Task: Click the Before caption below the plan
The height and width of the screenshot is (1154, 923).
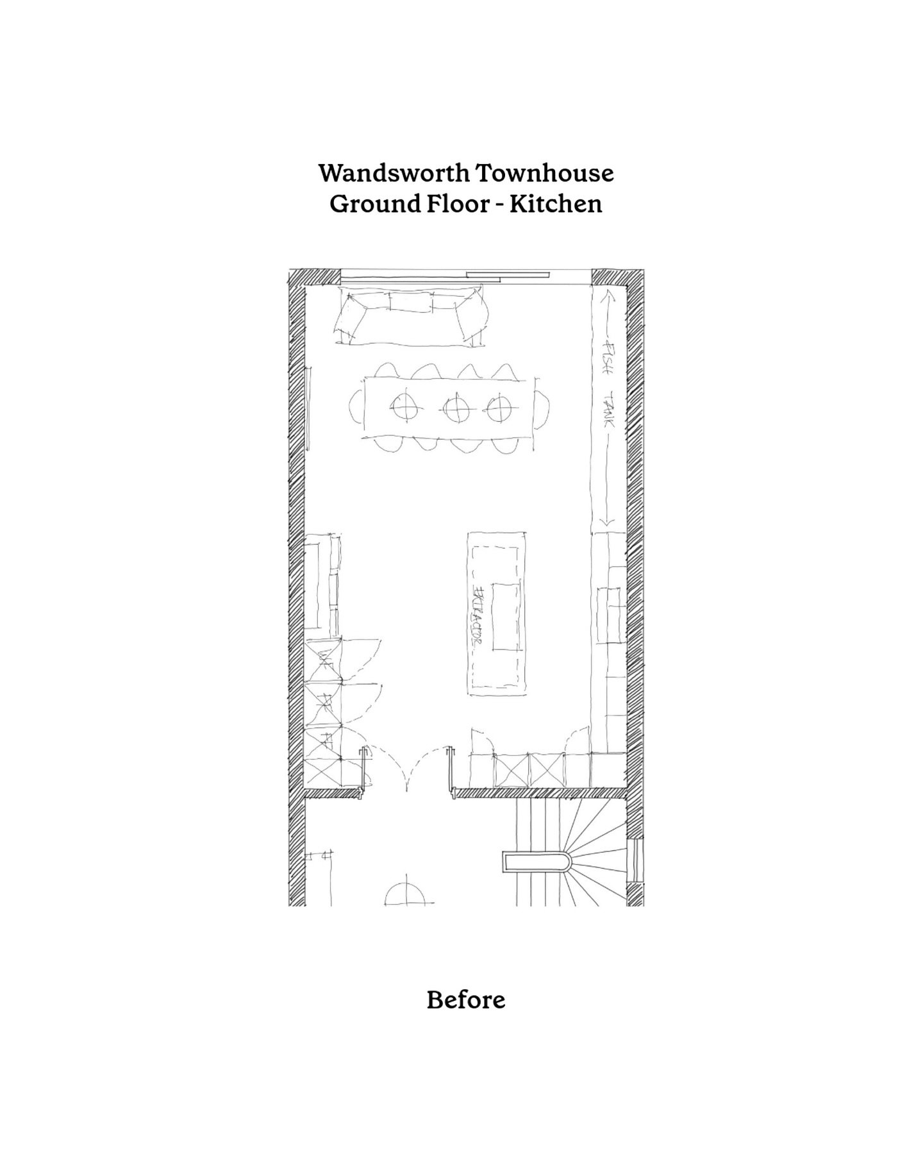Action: click(466, 999)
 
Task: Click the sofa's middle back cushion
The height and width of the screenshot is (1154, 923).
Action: click(410, 301)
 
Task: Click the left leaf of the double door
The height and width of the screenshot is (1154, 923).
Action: click(385, 769)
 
